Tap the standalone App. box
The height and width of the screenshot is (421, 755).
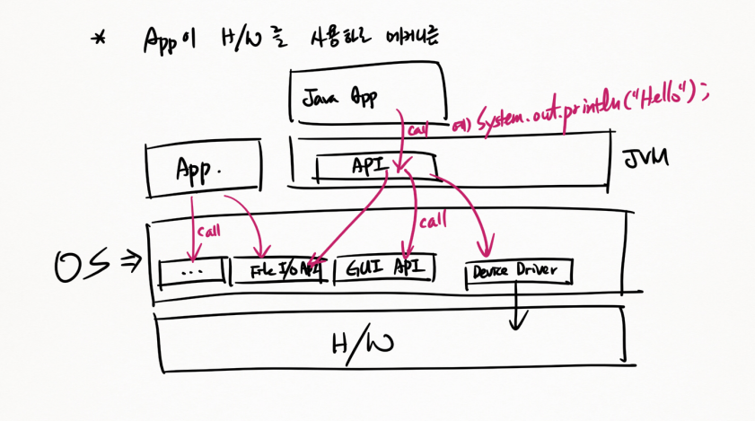pyautogui.click(x=202, y=168)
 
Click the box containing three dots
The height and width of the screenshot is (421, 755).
pyautogui.click(x=191, y=270)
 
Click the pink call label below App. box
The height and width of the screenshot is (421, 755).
pyautogui.click(x=208, y=231)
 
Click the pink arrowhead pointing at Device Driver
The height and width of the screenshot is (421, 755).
pyautogui.click(x=487, y=249)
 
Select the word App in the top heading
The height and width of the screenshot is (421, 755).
pyautogui.click(x=162, y=39)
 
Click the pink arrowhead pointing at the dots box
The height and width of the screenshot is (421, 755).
pyautogui.click(x=192, y=254)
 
